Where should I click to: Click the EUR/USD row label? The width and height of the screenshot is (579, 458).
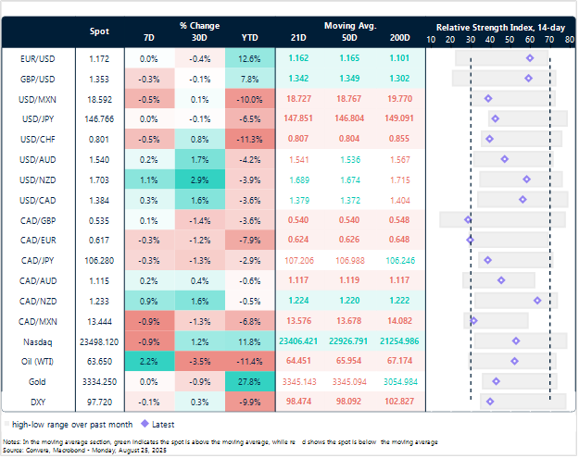(31, 58)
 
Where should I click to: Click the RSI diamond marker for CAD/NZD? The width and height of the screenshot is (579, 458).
(537, 300)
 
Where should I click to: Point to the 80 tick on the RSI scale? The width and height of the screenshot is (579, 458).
(569, 39)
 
